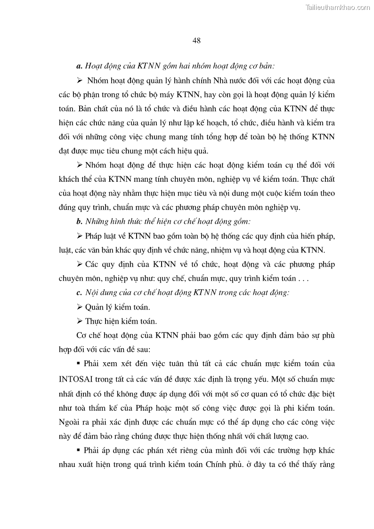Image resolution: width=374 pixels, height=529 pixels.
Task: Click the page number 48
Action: (x=197, y=41)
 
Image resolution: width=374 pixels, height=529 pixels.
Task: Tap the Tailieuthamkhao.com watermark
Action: (x=338, y=7)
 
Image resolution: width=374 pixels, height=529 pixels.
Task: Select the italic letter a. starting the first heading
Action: (x=79, y=65)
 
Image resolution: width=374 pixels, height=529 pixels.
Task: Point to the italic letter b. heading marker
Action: (x=79, y=221)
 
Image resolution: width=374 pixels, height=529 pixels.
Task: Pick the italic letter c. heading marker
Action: (x=79, y=293)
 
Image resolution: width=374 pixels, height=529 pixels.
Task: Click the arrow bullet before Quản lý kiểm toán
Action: (x=79, y=307)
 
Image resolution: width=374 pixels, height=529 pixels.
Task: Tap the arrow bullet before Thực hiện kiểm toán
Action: (x=79, y=321)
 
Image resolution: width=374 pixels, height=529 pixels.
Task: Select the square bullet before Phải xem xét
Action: (x=79, y=364)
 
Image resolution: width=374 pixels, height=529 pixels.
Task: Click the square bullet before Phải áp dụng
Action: (x=79, y=450)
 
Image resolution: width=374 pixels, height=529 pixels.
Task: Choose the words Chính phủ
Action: (x=221, y=464)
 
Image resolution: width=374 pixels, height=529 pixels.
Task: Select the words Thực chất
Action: (x=318, y=179)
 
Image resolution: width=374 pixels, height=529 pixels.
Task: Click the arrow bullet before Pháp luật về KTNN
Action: (x=79, y=236)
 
